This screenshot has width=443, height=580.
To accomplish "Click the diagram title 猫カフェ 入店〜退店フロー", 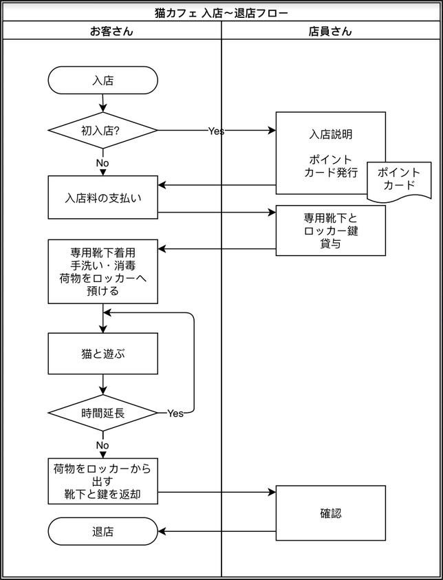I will coord(221,12).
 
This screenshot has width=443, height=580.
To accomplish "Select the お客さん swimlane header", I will coord(111,31).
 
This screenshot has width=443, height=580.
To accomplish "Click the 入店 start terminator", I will coord(102,80).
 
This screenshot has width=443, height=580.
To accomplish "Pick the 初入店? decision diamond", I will coord(102,130).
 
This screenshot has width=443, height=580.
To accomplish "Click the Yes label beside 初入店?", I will coord(216,131).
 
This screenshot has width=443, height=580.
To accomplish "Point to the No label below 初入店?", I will coord(102,163).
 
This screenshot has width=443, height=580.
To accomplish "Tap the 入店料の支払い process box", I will coord(102,197).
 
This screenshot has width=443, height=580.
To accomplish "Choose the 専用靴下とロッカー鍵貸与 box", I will coord(330,230).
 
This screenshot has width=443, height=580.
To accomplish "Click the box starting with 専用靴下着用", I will coord(102,271).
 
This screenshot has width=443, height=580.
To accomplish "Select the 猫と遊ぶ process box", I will coord(102,354).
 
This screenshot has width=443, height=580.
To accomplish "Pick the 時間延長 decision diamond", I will coord(102,413).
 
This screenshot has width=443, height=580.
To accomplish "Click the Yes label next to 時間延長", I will coord(175,413).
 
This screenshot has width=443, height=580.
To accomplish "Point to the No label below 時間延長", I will coord(102,445).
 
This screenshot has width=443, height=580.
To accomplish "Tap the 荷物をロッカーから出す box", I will coord(102,481).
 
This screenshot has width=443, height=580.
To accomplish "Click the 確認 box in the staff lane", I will coord(330,513).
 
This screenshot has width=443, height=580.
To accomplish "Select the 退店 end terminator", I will coord(102,531).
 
